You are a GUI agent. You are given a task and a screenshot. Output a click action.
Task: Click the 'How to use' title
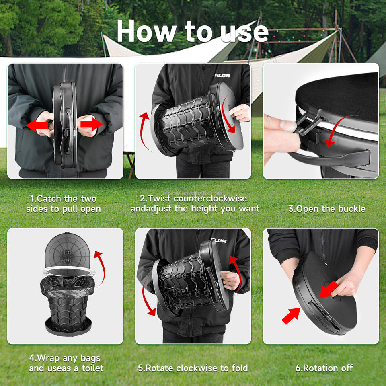(193, 31)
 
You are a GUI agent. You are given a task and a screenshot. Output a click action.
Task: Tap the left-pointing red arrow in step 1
(37, 125)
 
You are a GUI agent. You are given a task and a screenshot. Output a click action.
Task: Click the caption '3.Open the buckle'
(327, 209)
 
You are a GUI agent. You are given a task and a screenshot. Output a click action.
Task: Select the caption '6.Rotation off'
(324, 368)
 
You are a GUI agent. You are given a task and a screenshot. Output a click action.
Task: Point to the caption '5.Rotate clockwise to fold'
(193, 368)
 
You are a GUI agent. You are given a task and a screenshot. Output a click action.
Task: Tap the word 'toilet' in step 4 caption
(92, 368)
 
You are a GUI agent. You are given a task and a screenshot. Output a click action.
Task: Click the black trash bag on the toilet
(67, 287)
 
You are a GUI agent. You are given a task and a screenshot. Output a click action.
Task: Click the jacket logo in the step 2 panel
(222, 75)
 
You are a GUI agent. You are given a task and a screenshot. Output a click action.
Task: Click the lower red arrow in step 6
(291, 316)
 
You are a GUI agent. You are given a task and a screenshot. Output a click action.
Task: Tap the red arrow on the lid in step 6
(329, 289)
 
